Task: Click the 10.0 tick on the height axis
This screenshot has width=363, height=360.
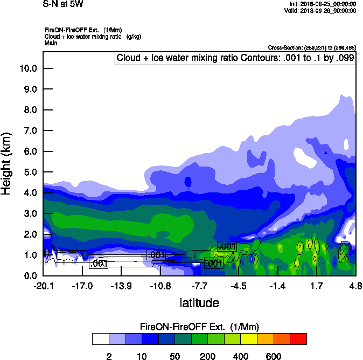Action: [28, 68]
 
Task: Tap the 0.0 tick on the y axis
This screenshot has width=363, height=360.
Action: [30, 276]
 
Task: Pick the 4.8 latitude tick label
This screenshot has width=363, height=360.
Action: [355, 285]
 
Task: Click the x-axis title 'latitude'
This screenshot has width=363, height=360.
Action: [199, 303]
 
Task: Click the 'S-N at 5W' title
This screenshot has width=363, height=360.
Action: [64, 4]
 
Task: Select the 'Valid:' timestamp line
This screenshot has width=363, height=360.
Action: [320, 10]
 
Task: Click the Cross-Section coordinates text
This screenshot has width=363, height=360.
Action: [311, 47]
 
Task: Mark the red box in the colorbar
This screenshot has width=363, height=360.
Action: [298, 339]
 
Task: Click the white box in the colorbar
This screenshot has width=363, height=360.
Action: [100, 339]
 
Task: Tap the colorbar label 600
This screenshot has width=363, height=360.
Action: [274, 356]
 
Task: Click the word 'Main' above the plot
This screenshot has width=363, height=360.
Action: [51, 43]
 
